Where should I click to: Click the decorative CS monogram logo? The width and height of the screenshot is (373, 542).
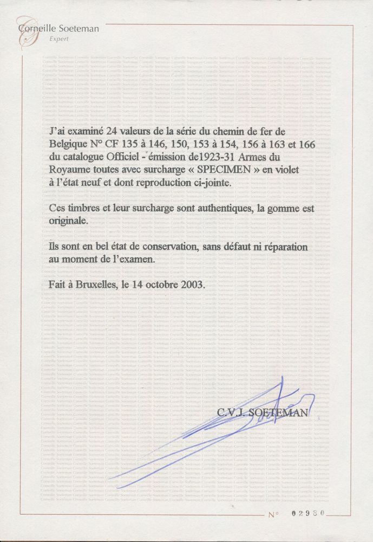[x=26, y=34]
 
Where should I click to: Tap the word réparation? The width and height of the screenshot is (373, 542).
[x=282, y=247]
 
